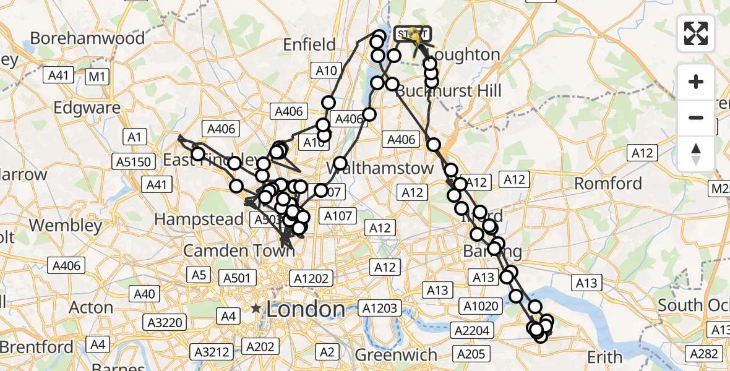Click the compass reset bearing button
(x=696, y=154)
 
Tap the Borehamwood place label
(x=87, y=38)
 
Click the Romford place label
(x=608, y=184)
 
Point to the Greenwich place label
(x=396, y=356)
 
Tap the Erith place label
(x=605, y=357)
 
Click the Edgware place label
(x=87, y=108)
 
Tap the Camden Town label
(x=230, y=251)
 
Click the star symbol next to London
(x=256, y=308)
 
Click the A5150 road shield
(x=132, y=162)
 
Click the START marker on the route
(x=411, y=33)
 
